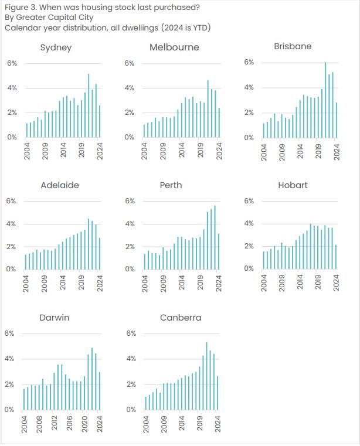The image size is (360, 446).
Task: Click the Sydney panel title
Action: click(x=56, y=47)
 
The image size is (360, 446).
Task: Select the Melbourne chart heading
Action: click(x=174, y=47)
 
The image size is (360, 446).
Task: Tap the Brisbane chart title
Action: click(x=293, y=46)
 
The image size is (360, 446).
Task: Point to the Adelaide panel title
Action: click(x=60, y=185)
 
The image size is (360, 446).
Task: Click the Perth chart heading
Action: click(x=171, y=185)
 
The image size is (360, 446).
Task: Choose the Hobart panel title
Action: click(x=293, y=185)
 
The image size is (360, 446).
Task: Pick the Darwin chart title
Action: click(x=55, y=318)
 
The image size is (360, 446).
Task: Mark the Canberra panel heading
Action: click(x=181, y=318)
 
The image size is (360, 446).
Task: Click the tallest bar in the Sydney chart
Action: click(x=89, y=105)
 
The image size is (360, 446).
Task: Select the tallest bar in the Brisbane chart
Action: click(x=325, y=100)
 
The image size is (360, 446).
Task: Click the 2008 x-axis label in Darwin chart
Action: click(x=40, y=423)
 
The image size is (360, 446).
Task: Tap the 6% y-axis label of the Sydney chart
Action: click(x=12, y=63)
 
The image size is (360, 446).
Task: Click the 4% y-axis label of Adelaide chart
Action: click(x=12, y=224)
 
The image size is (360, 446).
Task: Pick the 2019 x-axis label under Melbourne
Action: click(x=201, y=151)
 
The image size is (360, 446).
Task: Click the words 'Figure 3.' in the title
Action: click(x=19, y=7)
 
